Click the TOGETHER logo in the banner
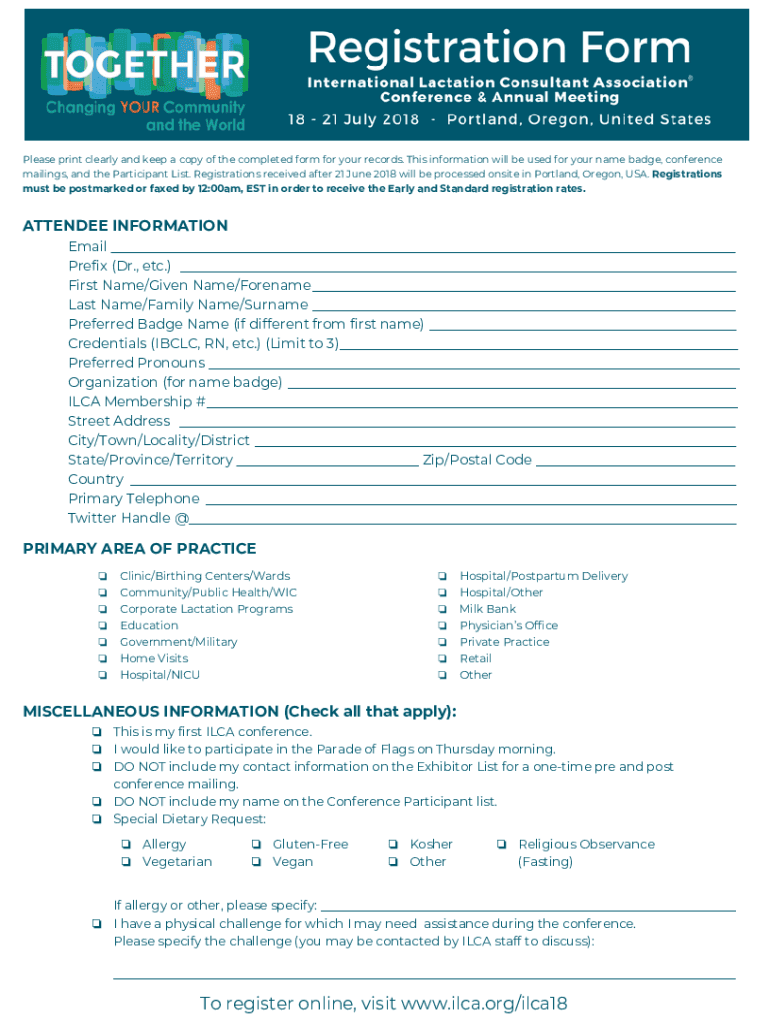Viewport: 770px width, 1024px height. (144, 66)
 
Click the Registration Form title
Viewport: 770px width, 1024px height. (499, 47)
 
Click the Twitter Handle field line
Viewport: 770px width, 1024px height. (462, 523)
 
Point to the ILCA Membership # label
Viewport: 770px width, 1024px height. (137, 401)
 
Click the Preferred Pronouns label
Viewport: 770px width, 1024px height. (136, 362)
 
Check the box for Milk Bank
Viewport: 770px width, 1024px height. (442, 609)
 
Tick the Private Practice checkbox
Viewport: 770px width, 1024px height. (442, 642)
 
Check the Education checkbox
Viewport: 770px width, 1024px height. (102, 626)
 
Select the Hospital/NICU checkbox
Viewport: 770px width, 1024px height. (102, 675)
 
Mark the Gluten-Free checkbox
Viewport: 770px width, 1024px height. (257, 845)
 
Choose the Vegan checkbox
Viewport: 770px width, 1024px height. (257, 862)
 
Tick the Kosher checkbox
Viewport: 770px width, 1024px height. (394, 845)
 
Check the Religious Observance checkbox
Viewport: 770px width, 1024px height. (502, 845)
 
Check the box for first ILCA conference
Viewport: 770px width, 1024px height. (97, 732)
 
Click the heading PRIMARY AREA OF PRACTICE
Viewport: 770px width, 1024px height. (139, 548)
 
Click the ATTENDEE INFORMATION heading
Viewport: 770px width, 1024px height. (125, 225)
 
